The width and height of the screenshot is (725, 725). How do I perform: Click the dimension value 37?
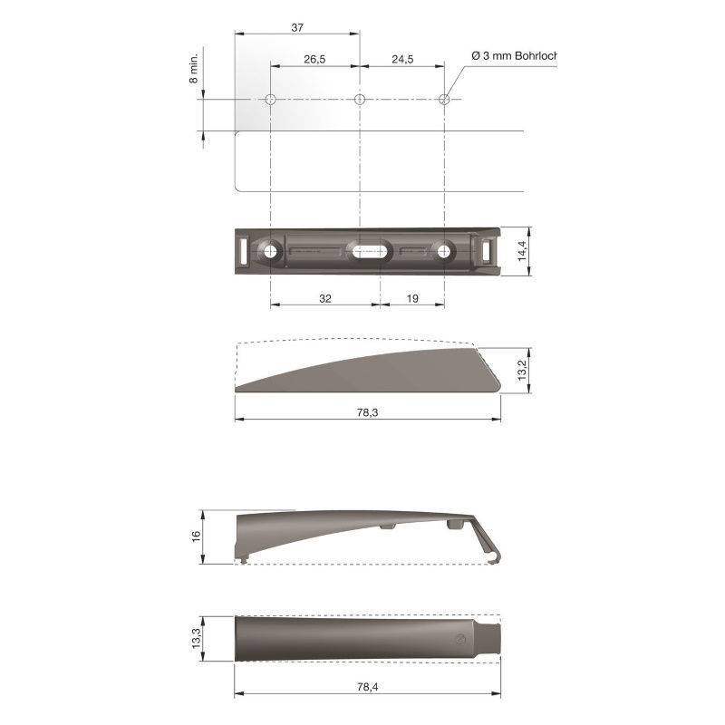pos(297,28)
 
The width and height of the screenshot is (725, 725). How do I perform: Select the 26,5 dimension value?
pos(314,59)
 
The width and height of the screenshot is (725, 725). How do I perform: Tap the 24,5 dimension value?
pos(402,59)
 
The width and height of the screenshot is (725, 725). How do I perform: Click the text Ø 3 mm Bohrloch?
pos(514,56)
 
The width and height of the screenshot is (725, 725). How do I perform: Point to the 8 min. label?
pos(194,68)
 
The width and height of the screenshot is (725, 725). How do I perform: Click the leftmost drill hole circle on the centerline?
pos(270,99)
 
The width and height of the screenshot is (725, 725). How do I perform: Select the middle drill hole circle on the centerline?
pos(359,99)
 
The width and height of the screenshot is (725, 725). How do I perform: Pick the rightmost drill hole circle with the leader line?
pos(444,99)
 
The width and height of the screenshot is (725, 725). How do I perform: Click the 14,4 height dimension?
pos(523,251)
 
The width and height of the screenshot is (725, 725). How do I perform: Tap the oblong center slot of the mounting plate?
pos(371,252)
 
